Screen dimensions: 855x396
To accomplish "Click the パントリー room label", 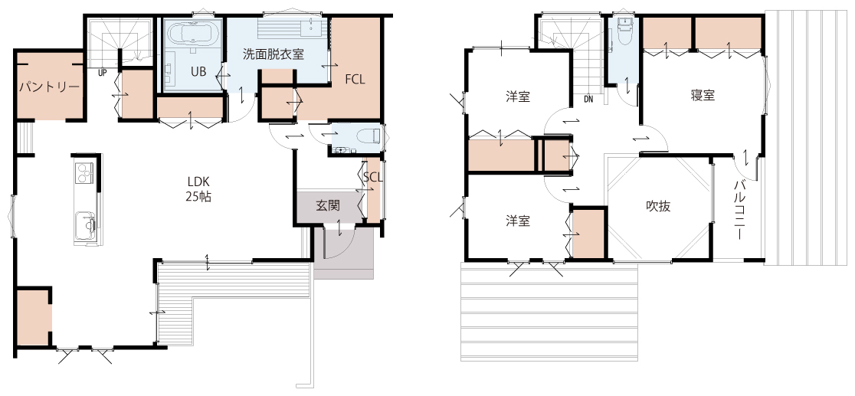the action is pyautogui.click(x=50, y=87).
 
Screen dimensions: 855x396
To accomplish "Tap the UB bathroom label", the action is pyautogui.click(x=198, y=71).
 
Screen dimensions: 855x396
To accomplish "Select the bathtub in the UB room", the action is pyautogui.click(x=194, y=37).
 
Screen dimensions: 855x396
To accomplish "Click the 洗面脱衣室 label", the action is pyautogui.click(x=274, y=54).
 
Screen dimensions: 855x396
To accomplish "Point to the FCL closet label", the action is pyautogui.click(x=355, y=79).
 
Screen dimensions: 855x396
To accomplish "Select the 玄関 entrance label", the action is pyautogui.click(x=328, y=205).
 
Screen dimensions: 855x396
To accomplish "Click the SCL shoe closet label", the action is pyautogui.click(x=373, y=177).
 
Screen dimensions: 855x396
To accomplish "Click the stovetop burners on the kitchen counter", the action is pyautogui.click(x=84, y=172).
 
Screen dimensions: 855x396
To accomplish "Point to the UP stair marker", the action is pyautogui.click(x=102, y=72).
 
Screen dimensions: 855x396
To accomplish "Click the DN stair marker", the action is pyautogui.click(x=588, y=100).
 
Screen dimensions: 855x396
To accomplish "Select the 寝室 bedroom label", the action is pyautogui.click(x=703, y=96).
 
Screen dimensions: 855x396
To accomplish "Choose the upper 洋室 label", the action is pyautogui.click(x=517, y=97).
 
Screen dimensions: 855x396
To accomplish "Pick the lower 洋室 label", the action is pyautogui.click(x=517, y=221).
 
